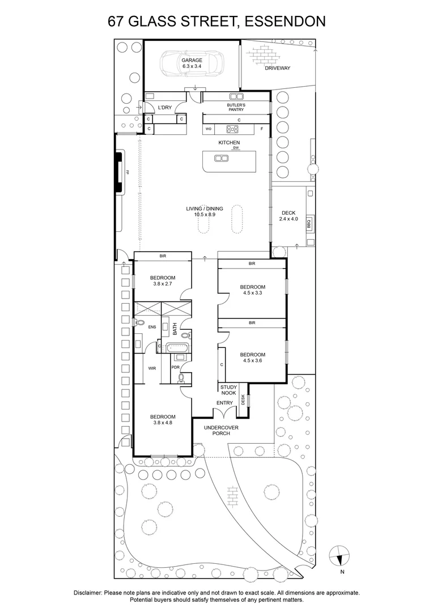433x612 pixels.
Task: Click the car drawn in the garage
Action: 192,63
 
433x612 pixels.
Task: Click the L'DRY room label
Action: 164,108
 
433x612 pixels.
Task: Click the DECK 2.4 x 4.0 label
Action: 288,216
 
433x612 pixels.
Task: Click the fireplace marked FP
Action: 121,172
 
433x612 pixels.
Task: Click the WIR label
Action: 152,368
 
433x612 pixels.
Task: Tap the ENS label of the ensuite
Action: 151,328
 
